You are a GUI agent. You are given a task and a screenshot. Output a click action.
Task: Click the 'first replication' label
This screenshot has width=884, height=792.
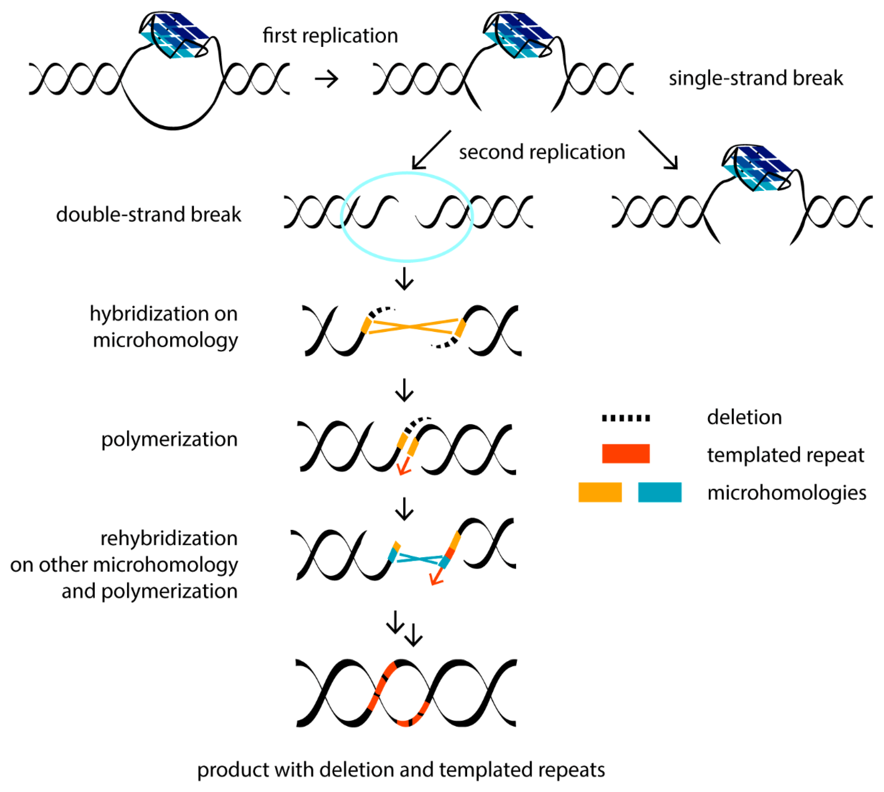point(330,35)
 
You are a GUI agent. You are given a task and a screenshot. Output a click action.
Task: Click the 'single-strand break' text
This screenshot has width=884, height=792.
point(755,78)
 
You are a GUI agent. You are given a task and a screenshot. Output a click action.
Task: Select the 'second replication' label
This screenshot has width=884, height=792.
point(542,152)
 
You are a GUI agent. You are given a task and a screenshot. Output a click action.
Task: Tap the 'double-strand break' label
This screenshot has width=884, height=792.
point(149,214)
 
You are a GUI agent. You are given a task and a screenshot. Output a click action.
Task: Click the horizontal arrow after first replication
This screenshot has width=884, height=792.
point(326,79)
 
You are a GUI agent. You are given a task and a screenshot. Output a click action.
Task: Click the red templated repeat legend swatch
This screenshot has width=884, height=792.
point(625,453)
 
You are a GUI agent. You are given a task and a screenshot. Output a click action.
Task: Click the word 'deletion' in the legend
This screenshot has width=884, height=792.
point(744,417)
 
